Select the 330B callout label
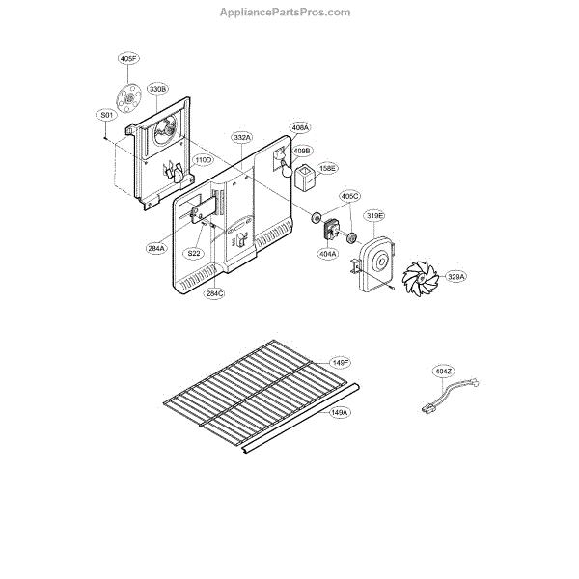pyautogui.click(x=159, y=89)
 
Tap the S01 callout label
pyautogui.click(x=106, y=115)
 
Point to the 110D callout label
pyautogui.click(x=203, y=159)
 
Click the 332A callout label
pyautogui.click(x=241, y=138)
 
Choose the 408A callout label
pyautogui.click(x=300, y=127)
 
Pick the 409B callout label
pyautogui.click(x=302, y=151)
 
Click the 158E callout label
pyautogui.click(x=329, y=167)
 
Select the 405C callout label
pyautogui.click(x=350, y=197)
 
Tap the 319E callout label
pyautogui.click(x=373, y=215)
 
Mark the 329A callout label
pyautogui.click(x=455, y=277)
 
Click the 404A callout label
pyautogui.click(x=328, y=254)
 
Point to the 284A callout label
pyautogui.click(x=156, y=248)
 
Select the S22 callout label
pyautogui.click(x=194, y=253)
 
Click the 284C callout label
pyautogui.click(x=214, y=293)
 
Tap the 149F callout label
pyautogui.click(x=341, y=362)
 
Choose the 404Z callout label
pyautogui.click(x=443, y=371)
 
